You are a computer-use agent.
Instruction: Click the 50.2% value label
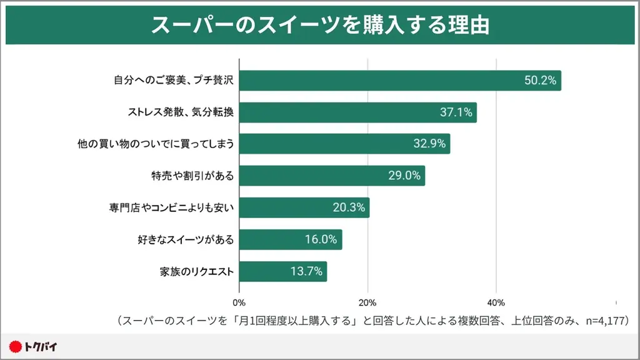click(x=540, y=81)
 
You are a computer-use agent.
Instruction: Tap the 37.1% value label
click(x=456, y=112)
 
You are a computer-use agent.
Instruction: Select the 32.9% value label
click(x=429, y=144)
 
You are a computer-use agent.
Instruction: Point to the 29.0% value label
click(x=404, y=176)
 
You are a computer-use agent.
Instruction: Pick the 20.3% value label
click(x=349, y=207)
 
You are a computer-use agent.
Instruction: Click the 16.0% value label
click(x=321, y=239)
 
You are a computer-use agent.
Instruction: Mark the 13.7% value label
click(x=306, y=271)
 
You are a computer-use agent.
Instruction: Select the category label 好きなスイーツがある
click(x=185, y=239)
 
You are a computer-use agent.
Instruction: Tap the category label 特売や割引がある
click(x=192, y=176)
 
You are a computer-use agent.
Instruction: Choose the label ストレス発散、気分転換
click(x=181, y=112)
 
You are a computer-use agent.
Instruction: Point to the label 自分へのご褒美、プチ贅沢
click(x=174, y=81)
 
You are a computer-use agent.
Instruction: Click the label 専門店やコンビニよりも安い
click(x=171, y=207)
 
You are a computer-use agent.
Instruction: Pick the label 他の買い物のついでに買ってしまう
click(x=156, y=144)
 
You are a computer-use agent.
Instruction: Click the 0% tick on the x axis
click(x=239, y=303)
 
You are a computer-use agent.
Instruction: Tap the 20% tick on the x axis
click(x=367, y=303)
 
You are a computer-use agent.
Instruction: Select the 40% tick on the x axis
click(x=496, y=303)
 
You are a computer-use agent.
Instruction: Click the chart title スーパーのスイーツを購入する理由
click(x=320, y=26)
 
